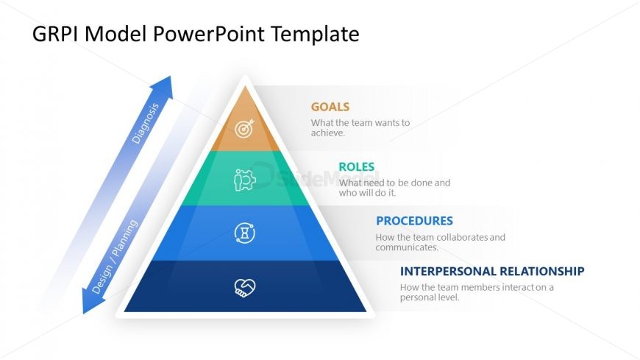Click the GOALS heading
coord(330,107)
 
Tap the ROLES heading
coord(357,166)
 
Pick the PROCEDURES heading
coord(414,221)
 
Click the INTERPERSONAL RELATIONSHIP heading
coord(492,271)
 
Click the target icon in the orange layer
coord(245,129)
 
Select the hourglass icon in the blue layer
coord(245,233)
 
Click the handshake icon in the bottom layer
coord(245,287)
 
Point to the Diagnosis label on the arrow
coord(145,122)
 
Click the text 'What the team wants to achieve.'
coord(360,128)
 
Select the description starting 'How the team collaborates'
coord(440,242)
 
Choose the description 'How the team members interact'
coord(477,292)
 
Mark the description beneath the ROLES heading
coord(394,188)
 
